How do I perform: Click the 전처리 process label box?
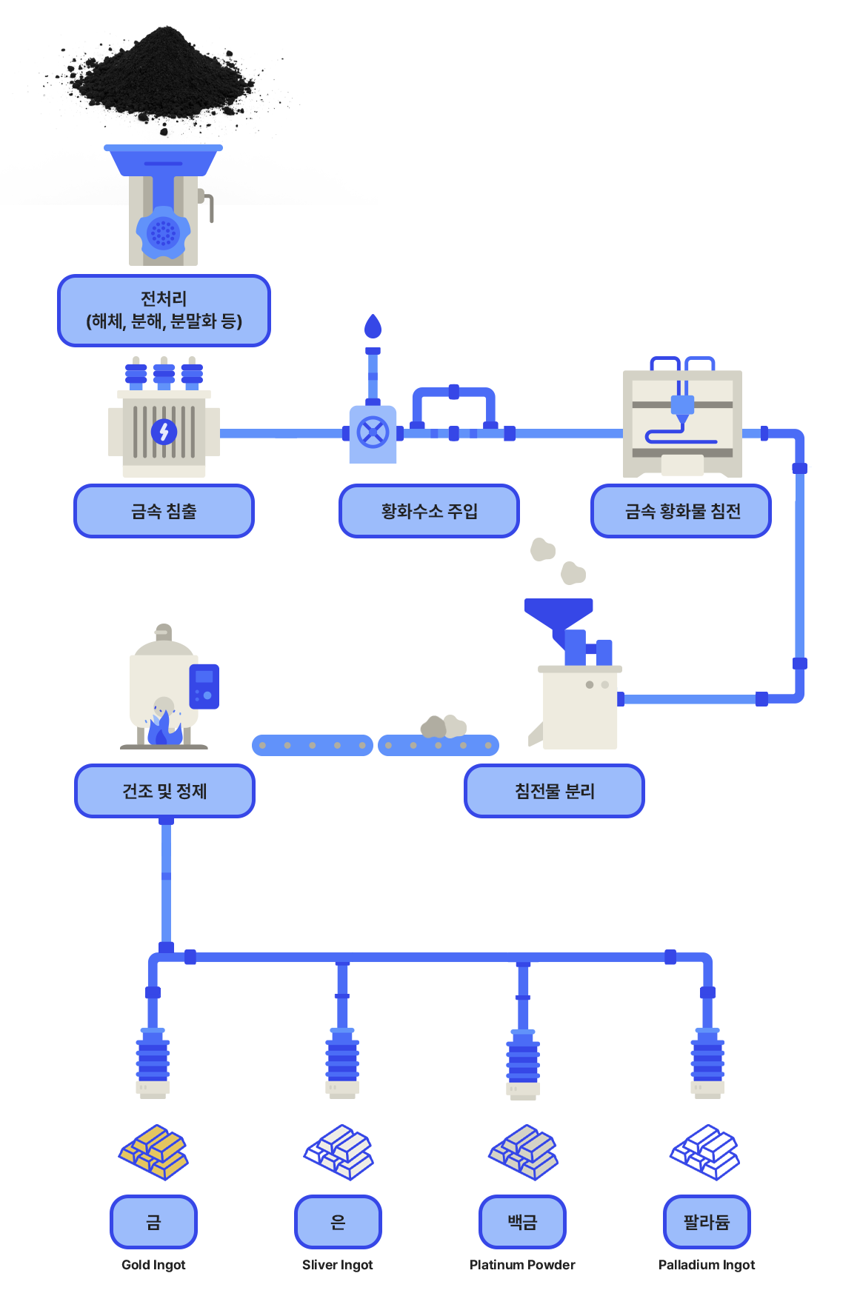click(164, 310)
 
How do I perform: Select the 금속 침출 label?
click(164, 511)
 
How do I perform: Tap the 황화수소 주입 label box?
click(430, 511)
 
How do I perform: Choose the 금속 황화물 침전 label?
click(681, 511)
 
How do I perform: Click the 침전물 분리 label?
click(554, 791)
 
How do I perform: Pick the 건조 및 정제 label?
click(164, 791)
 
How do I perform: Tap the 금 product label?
click(153, 1222)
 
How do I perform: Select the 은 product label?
click(338, 1222)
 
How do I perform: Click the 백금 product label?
click(522, 1222)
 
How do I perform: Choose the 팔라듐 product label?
click(707, 1222)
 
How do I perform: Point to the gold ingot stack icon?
click(153, 1152)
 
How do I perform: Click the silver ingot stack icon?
click(339, 1152)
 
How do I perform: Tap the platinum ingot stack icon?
click(523, 1152)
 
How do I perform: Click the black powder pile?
click(163, 74)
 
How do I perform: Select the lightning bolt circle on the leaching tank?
click(164, 431)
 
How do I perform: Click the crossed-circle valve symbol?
click(373, 432)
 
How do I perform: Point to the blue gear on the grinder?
click(163, 234)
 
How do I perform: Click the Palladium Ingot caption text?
click(707, 1265)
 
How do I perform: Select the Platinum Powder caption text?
click(522, 1265)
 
